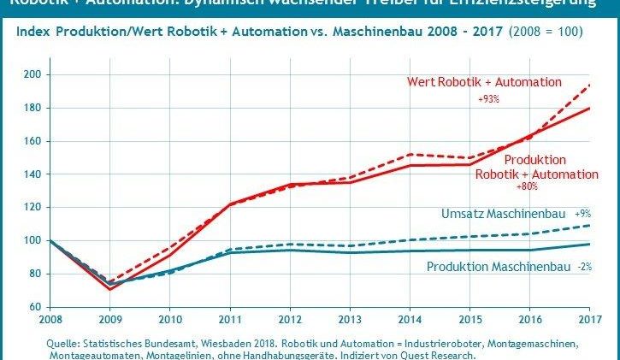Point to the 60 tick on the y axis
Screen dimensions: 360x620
34,306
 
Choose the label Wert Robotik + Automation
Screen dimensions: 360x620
483,83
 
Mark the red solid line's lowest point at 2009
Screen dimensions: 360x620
110,289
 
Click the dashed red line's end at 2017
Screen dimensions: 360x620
589,85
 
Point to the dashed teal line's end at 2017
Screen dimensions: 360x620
589,226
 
